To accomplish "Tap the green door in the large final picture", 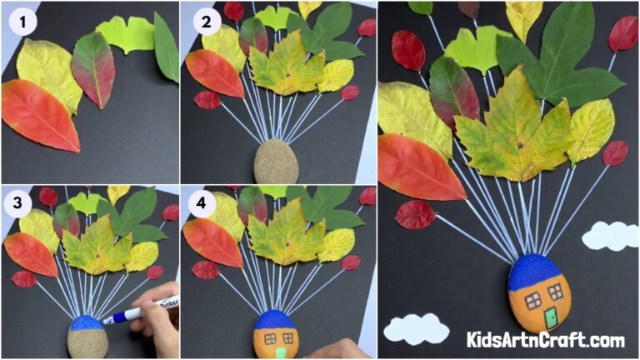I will (x=550, y=317).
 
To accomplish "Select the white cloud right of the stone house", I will (x=610, y=236).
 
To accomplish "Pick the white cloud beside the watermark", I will (x=416, y=328).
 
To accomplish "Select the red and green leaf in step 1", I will (x=92, y=68).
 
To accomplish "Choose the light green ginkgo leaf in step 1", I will (x=126, y=34).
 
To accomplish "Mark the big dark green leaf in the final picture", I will (x=567, y=58).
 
